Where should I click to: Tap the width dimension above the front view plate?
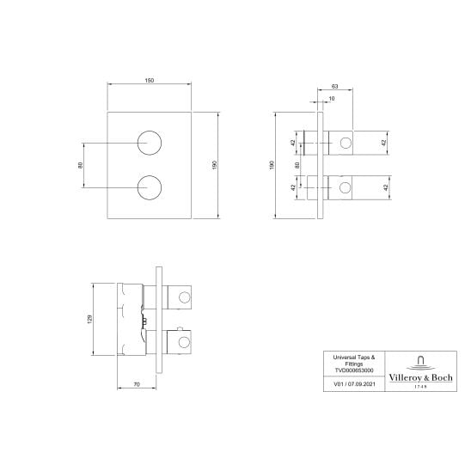[x=150, y=82]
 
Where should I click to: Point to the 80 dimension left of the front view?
[x=80, y=164]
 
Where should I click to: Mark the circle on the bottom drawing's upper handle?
[x=182, y=297]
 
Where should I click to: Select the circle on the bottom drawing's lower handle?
[x=182, y=341]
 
